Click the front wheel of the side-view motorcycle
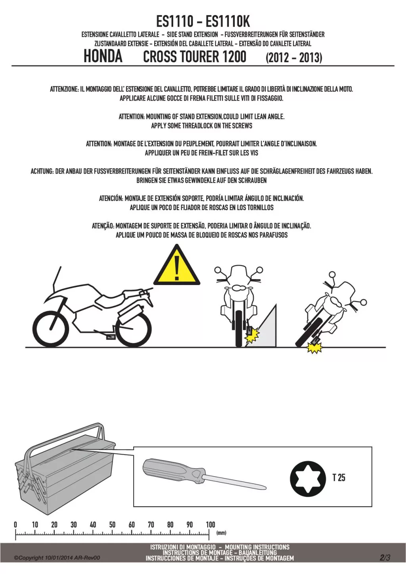tap(51, 329)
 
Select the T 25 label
tap(339, 478)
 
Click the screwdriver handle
tap(174, 471)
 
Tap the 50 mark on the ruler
tap(112, 524)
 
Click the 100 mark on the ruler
tap(211, 524)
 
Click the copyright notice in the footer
tap(57, 558)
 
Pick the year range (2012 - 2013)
tap(294, 57)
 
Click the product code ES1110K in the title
tap(228, 21)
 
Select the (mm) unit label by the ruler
tap(221, 533)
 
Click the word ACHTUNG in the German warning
tap(42, 171)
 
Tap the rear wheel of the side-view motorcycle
tap(134, 329)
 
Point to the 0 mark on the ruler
tap(15, 524)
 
